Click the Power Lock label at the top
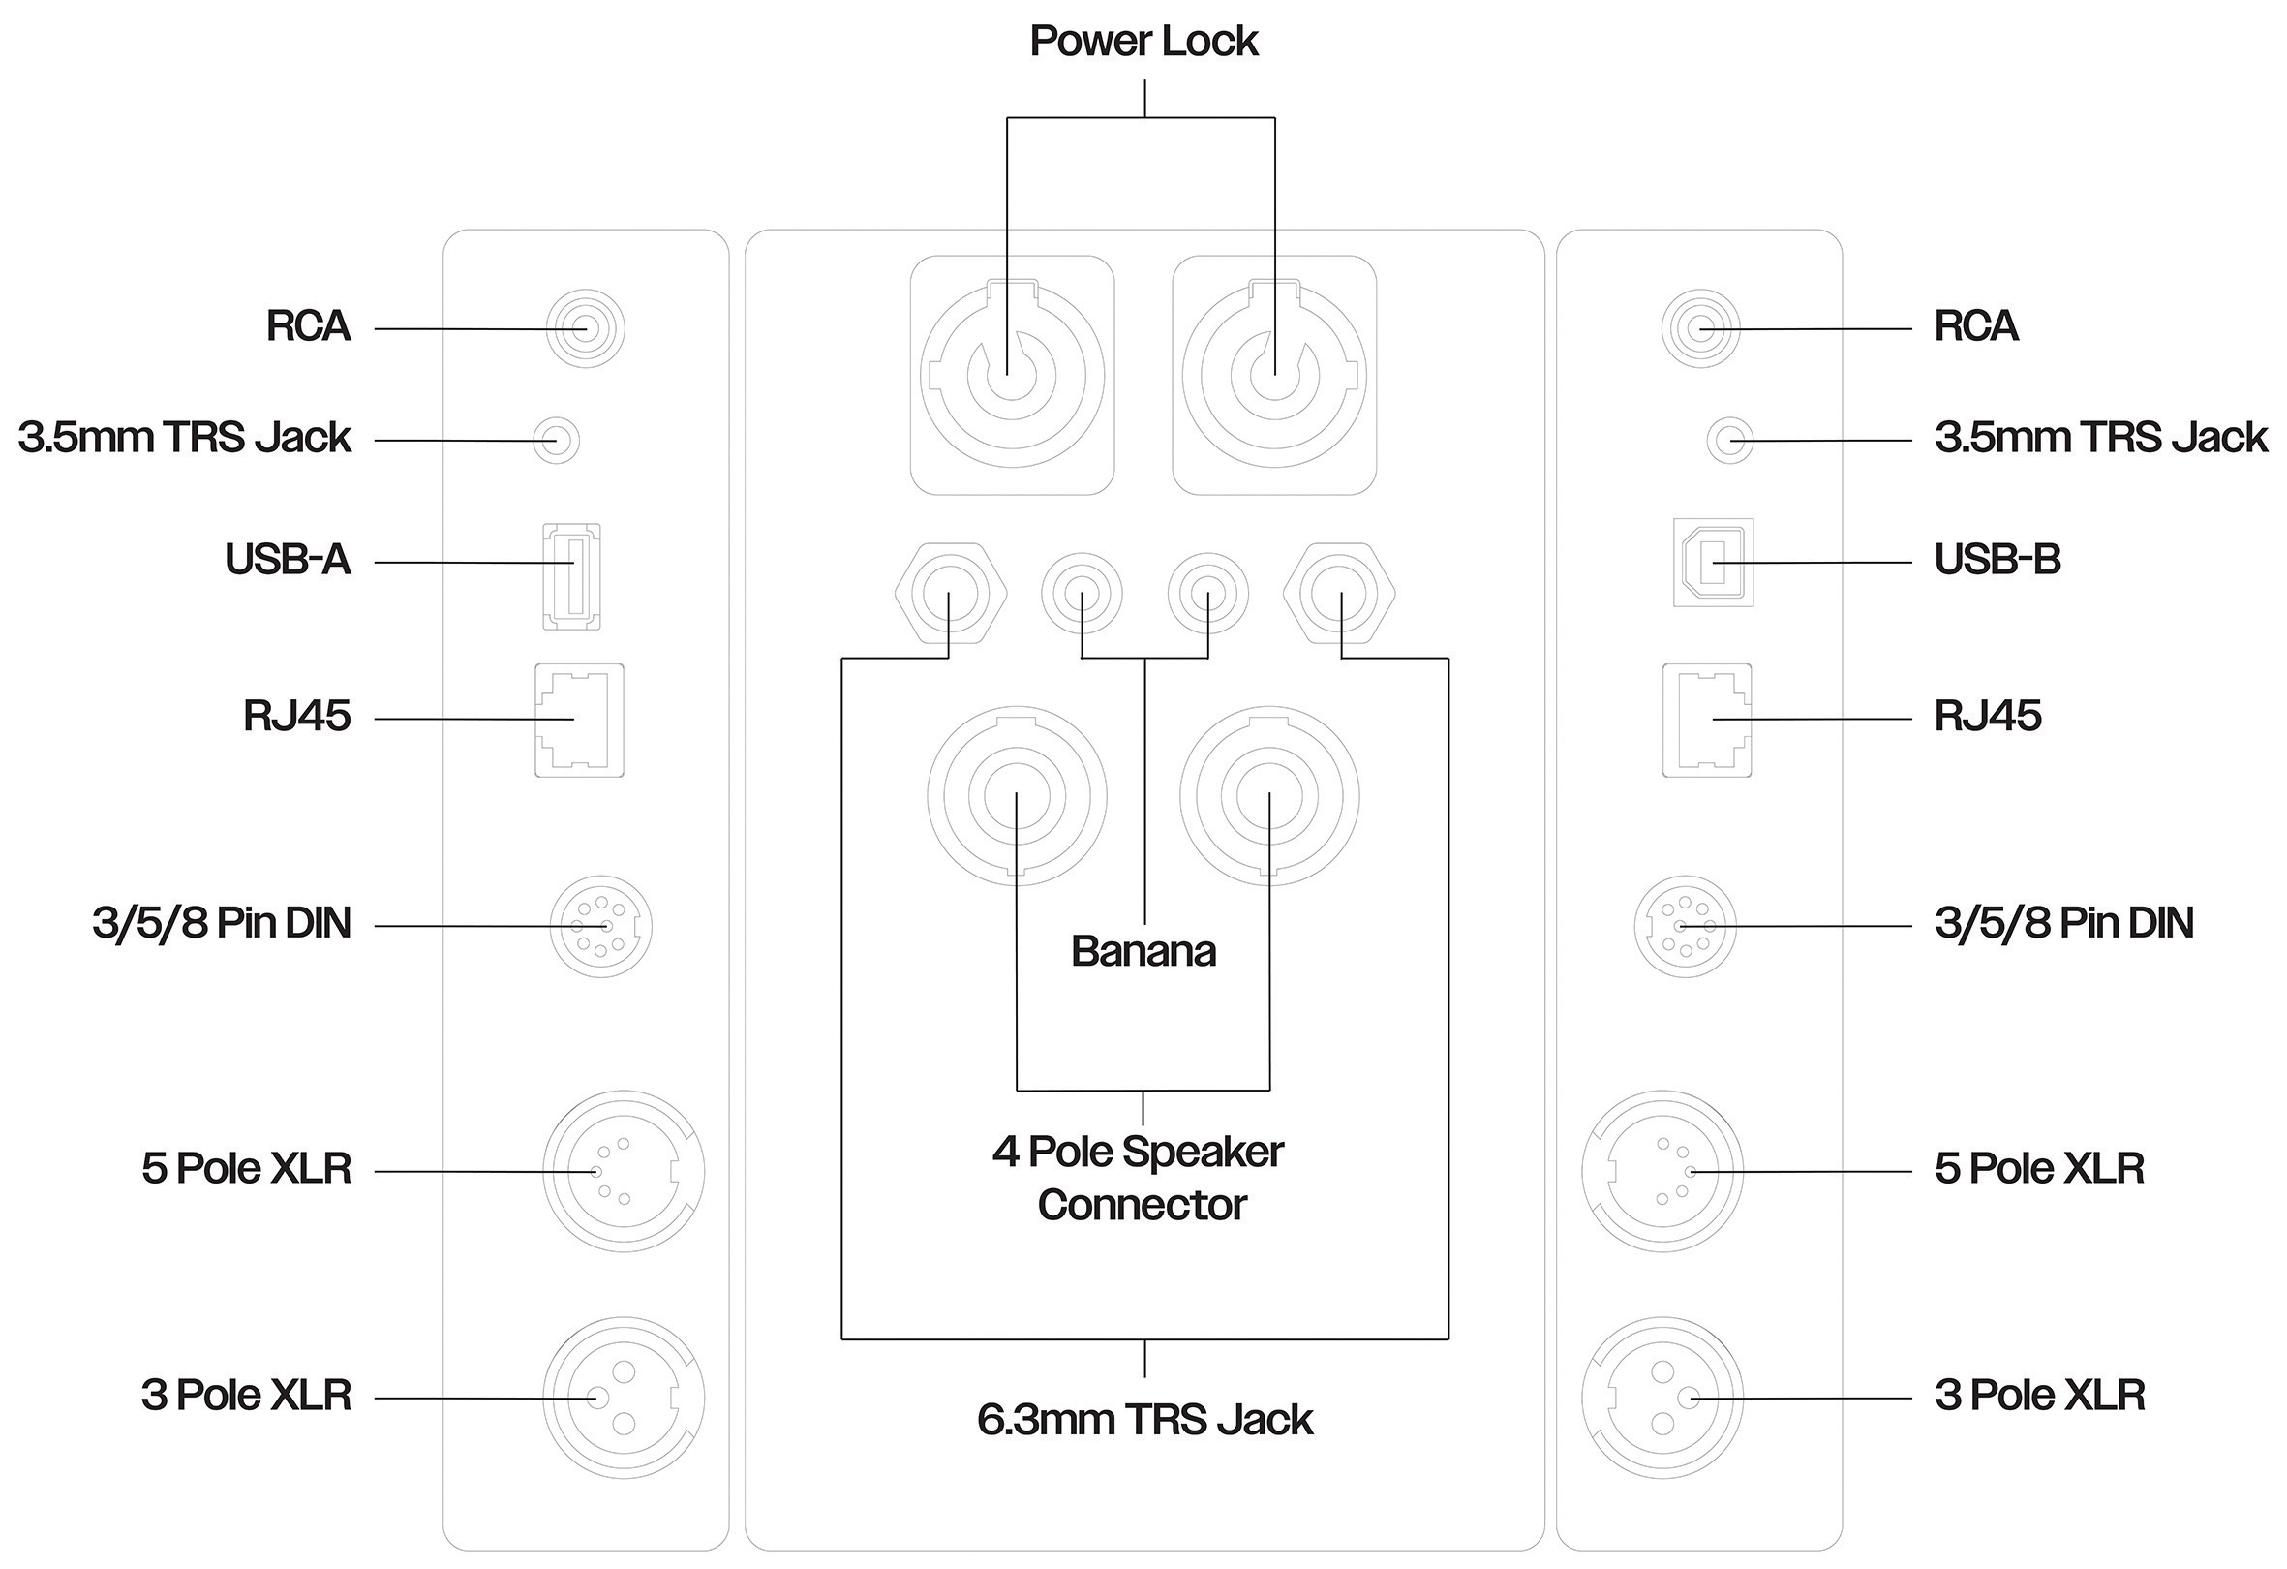1143,42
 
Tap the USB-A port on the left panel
571,576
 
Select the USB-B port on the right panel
1713,562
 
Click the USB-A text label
288,560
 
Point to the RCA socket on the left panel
586,328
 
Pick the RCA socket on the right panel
1700,328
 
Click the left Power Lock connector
1012,375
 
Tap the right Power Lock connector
1274,375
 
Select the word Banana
1143,952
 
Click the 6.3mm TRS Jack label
1144,1420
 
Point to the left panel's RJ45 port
580,720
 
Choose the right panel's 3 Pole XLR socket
1662,1398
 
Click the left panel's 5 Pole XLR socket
624,1171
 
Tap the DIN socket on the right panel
1685,926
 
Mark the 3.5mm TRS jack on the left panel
556,440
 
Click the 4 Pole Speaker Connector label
1140,1179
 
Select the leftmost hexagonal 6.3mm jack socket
950,596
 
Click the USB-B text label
1997,560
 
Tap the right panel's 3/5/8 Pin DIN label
2063,923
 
